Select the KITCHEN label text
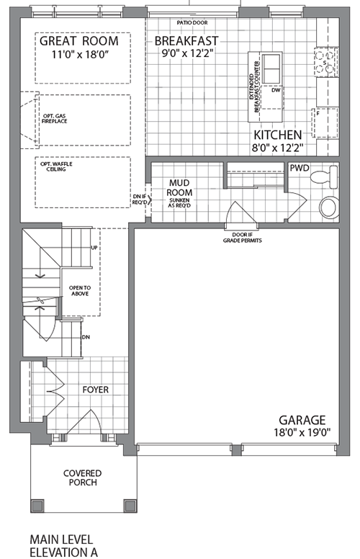[x=276, y=135]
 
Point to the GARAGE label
[x=302, y=420]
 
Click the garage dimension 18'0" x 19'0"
[x=302, y=433]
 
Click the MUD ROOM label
[x=181, y=189]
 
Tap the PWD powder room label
[x=299, y=168]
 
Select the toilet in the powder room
[x=330, y=175]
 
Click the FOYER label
[x=95, y=390]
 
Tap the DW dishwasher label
[x=274, y=91]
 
